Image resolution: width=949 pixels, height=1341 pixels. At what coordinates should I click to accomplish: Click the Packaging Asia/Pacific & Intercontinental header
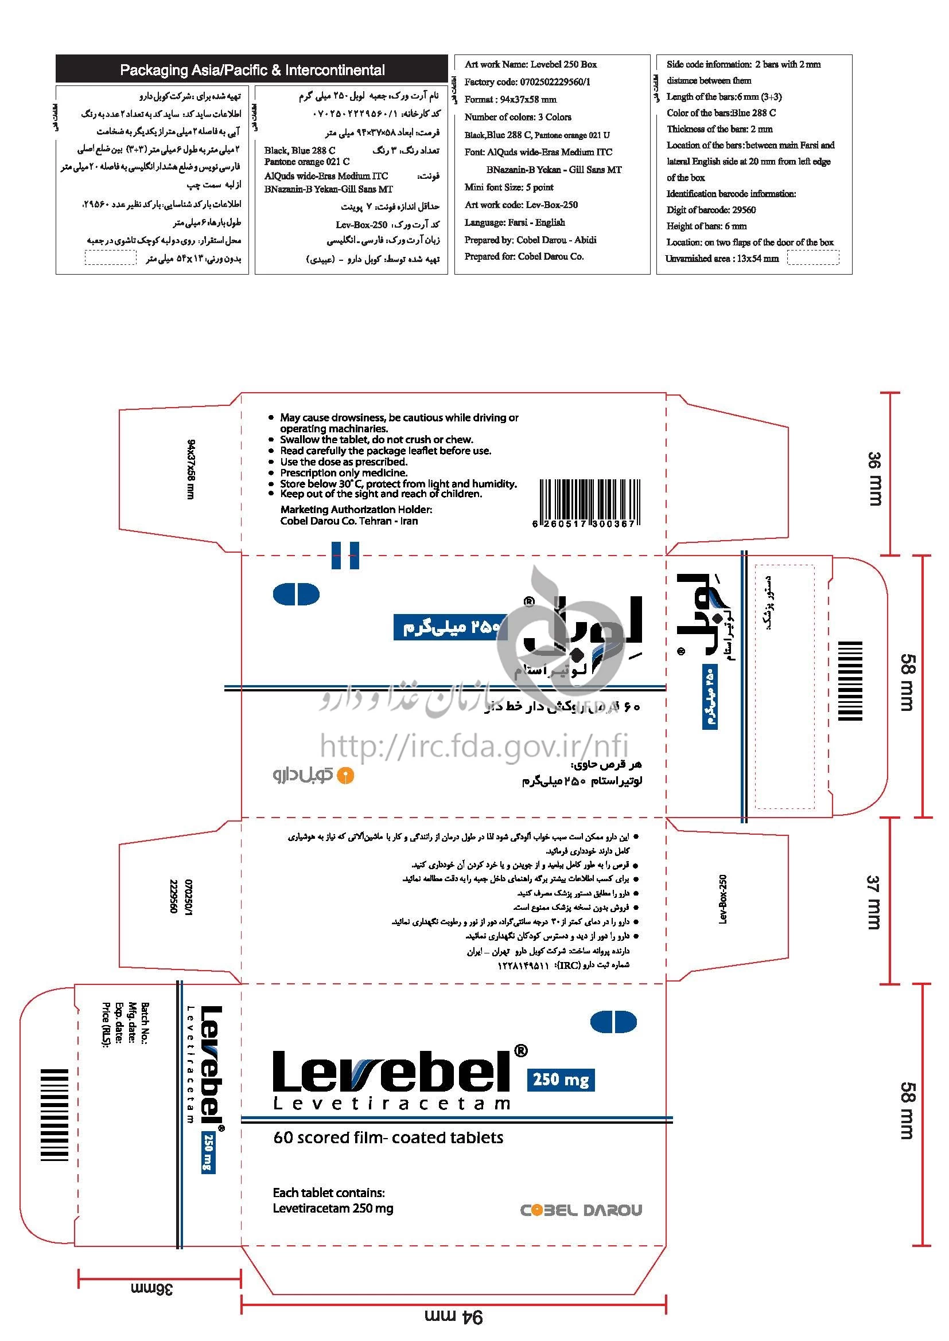[x=252, y=70]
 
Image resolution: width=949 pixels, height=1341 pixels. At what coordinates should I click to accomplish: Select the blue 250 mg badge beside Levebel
[x=561, y=1080]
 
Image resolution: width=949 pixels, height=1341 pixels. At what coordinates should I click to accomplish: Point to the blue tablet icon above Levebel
[x=613, y=1022]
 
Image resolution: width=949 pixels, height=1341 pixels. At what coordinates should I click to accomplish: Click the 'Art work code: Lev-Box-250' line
[x=520, y=205]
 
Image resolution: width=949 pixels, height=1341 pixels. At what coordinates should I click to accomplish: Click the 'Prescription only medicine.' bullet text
[x=344, y=472]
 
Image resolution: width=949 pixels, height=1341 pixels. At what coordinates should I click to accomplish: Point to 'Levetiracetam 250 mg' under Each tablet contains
[x=333, y=1208]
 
